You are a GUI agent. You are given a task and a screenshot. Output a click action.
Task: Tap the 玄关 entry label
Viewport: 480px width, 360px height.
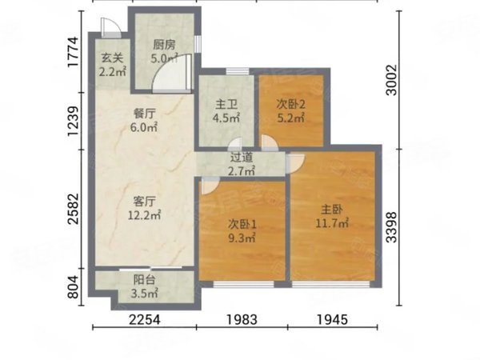click(111, 58)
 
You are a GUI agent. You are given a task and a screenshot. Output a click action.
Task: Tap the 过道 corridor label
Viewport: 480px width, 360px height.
click(241, 158)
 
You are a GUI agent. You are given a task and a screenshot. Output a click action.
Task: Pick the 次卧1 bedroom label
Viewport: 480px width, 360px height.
click(241, 224)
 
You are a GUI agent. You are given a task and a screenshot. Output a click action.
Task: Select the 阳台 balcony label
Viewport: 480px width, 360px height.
click(144, 280)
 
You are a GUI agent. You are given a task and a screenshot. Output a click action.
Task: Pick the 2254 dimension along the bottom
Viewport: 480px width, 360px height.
click(145, 321)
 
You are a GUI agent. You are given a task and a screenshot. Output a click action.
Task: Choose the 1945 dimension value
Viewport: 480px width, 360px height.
click(331, 321)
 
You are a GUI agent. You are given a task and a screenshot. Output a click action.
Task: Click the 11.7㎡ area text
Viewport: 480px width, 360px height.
click(332, 223)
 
